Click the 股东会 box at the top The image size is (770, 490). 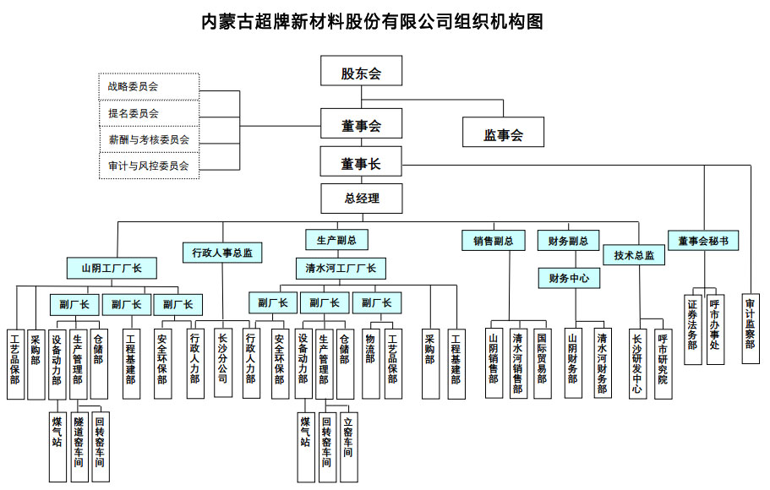point(361,72)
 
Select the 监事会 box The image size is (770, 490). point(503,133)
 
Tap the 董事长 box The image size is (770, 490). point(361,163)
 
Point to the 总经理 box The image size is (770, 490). point(361,199)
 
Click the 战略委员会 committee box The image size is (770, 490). point(149,86)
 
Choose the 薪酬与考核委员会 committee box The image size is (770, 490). point(149,139)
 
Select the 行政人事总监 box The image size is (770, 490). point(222,252)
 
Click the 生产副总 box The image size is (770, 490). point(336,240)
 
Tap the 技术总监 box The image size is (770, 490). point(634,255)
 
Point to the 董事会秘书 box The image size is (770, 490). point(702,241)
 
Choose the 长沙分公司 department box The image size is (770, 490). point(222,362)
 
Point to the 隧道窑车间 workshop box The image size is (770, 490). point(79,445)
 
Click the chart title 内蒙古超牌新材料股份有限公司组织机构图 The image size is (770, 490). point(372,21)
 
